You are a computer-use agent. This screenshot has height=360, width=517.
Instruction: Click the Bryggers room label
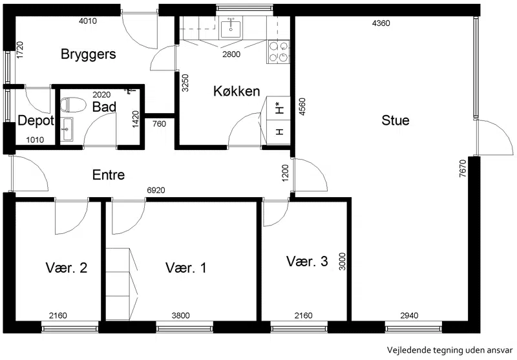pos(89,54)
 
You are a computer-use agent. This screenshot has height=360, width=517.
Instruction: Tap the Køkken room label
pos(237,91)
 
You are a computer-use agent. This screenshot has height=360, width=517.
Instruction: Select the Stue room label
pos(396,120)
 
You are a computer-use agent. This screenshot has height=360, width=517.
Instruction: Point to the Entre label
pos(109,175)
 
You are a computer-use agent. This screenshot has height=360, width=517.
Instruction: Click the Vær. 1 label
pos(186,268)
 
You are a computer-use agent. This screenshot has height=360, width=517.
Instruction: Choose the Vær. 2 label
pos(67,268)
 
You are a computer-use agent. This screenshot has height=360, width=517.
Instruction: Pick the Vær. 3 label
pos(307,261)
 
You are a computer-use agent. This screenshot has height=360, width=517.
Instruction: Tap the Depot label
pos(36,121)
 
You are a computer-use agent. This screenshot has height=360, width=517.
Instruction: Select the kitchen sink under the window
pos(231,27)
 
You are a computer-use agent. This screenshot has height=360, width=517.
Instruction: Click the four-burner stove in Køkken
pos(279,52)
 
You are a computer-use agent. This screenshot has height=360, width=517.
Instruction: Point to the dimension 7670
pos(463,169)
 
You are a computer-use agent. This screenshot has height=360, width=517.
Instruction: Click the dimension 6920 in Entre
pos(156,190)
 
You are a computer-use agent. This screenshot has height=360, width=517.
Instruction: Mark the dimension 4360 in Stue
pos(381,23)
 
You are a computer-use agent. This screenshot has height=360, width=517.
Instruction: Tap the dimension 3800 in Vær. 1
pos(181,315)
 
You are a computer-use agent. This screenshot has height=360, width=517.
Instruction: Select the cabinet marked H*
pos(279,108)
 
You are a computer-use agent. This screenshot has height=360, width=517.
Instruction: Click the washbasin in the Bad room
pos(68,129)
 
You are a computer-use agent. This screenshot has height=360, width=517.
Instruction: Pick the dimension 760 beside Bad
pos(159,124)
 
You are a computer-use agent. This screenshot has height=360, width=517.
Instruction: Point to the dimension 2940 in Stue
pos(409,315)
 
